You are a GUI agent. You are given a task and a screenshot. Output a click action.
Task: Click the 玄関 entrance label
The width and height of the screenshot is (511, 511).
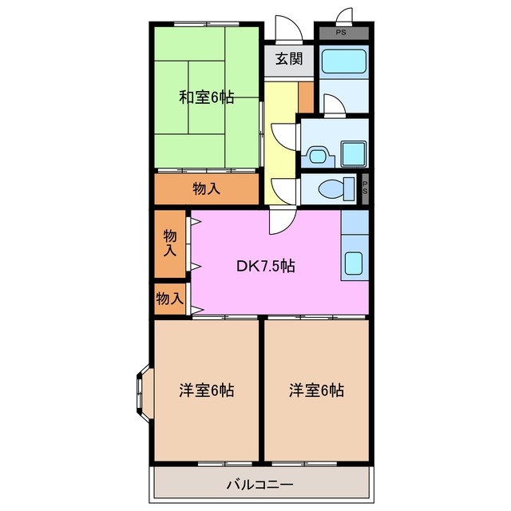point(287,58)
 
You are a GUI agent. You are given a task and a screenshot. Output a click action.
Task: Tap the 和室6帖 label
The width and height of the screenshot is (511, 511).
point(206,97)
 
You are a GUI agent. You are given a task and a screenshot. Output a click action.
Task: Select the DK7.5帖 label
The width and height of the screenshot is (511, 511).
point(265,266)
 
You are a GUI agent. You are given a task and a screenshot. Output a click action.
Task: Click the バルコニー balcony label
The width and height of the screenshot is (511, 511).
point(260,484)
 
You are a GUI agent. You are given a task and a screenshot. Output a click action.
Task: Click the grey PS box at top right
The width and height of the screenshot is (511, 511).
point(342,33)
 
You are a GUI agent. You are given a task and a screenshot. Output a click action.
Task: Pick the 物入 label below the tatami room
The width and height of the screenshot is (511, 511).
point(206,189)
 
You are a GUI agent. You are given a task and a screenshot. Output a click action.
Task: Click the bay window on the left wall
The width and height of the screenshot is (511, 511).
point(142,392)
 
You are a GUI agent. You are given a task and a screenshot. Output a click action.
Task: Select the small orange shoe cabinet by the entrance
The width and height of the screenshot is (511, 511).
point(306,97)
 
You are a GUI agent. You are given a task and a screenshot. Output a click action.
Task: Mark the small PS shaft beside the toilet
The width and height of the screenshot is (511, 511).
point(365,189)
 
